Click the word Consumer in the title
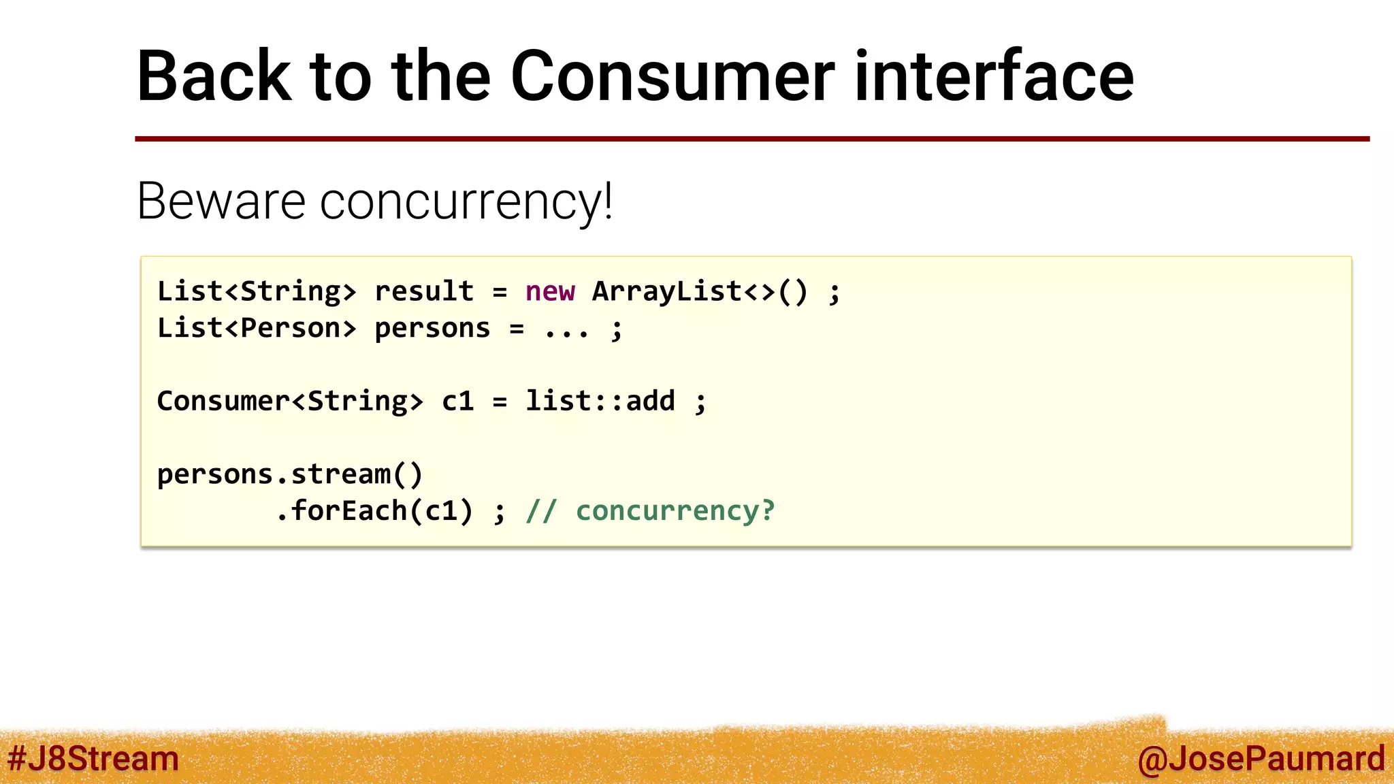(x=672, y=76)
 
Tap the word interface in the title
(x=993, y=76)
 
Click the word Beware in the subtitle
(x=221, y=201)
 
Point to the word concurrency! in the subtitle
(x=466, y=203)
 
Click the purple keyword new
(x=550, y=292)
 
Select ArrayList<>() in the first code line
(x=700, y=292)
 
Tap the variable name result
(x=423, y=292)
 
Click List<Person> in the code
(x=257, y=329)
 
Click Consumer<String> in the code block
(x=290, y=402)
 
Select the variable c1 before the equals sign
(x=457, y=402)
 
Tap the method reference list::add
(x=600, y=402)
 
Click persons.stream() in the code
(x=290, y=474)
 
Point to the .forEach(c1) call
(x=374, y=511)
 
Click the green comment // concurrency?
(x=651, y=511)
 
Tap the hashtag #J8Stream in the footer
(x=93, y=759)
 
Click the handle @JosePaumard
(x=1261, y=759)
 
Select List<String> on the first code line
(x=257, y=292)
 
